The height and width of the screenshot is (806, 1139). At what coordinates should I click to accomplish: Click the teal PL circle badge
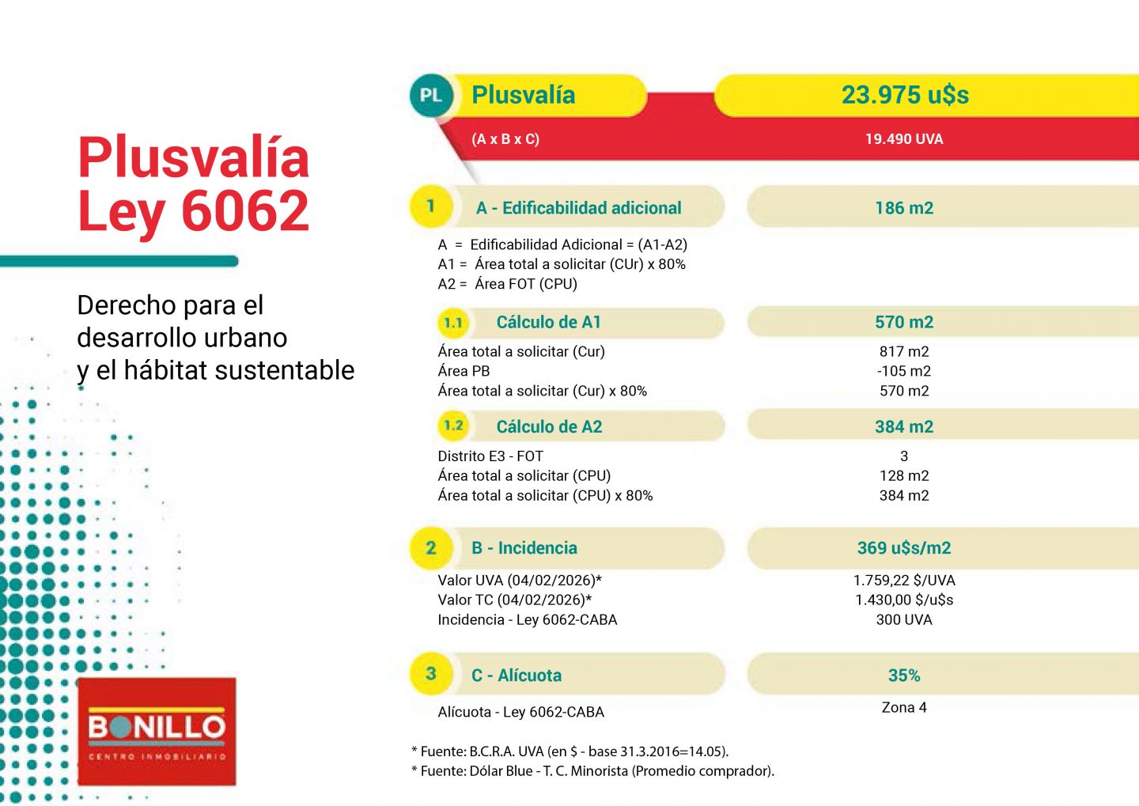pyautogui.click(x=430, y=96)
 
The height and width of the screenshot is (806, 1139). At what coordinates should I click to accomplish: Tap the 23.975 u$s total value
pyautogui.click(x=904, y=95)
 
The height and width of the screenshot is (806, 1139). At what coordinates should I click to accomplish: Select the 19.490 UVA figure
pyautogui.click(x=903, y=139)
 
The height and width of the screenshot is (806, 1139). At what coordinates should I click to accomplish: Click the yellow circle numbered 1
pyautogui.click(x=430, y=206)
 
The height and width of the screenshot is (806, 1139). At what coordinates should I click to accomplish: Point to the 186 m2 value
pyautogui.click(x=903, y=208)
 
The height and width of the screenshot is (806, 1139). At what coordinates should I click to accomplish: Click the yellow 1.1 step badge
pyautogui.click(x=453, y=323)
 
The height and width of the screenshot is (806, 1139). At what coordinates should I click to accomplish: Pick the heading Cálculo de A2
pyautogui.click(x=549, y=427)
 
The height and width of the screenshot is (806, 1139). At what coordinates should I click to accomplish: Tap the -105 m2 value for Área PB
pyautogui.click(x=903, y=371)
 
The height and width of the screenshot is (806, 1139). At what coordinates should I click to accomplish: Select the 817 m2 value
pyautogui.click(x=903, y=351)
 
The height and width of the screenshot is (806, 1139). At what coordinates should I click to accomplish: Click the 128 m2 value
pyautogui.click(x=903, y=475)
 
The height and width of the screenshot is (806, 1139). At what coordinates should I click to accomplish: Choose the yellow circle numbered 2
pyautogui.click(x=430, y=547)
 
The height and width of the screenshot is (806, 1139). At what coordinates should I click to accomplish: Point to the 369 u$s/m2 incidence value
pyautogui.click(x=903, y=548)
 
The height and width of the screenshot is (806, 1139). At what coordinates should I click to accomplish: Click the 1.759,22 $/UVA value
pyautogui.click(x=903, y=580)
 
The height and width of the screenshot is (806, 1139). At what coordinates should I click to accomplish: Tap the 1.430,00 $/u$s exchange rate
pyautogui.click(x=903, y=600)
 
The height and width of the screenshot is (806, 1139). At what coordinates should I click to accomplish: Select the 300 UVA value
pyautogui.click(x=903, y=619)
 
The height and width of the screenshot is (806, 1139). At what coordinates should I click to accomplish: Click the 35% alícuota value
pyautogui.click(x=903, y=675)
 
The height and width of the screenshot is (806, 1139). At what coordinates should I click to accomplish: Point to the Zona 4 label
pyautogui.click(x=903, y=707)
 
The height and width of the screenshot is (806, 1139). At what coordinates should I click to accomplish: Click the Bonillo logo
pyautogui.click(x=157, y=731)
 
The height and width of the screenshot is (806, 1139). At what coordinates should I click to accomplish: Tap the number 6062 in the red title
pyautogui.click(x=244, y=210)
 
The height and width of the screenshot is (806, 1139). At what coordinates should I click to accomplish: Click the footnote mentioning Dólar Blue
pyautogui.click(x=592, y=770)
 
